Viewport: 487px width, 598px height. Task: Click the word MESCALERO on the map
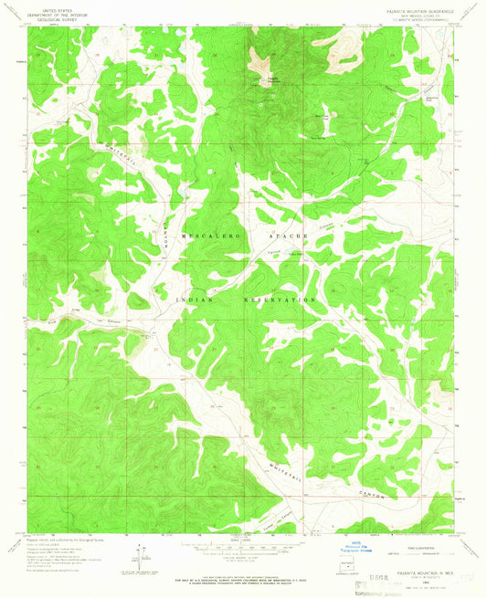tap(212, 236)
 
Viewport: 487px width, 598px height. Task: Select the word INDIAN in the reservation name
tap(194, 299)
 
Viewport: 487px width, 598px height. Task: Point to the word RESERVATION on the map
tap(281, 299)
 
